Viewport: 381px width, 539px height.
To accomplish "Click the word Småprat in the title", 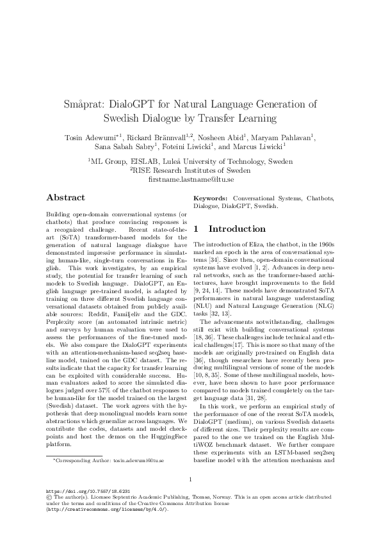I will [x=85, y=104].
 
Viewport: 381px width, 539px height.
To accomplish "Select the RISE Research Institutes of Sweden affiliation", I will [x=191, y=172].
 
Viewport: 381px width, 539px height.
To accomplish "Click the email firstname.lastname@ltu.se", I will [x=190, y=181].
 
